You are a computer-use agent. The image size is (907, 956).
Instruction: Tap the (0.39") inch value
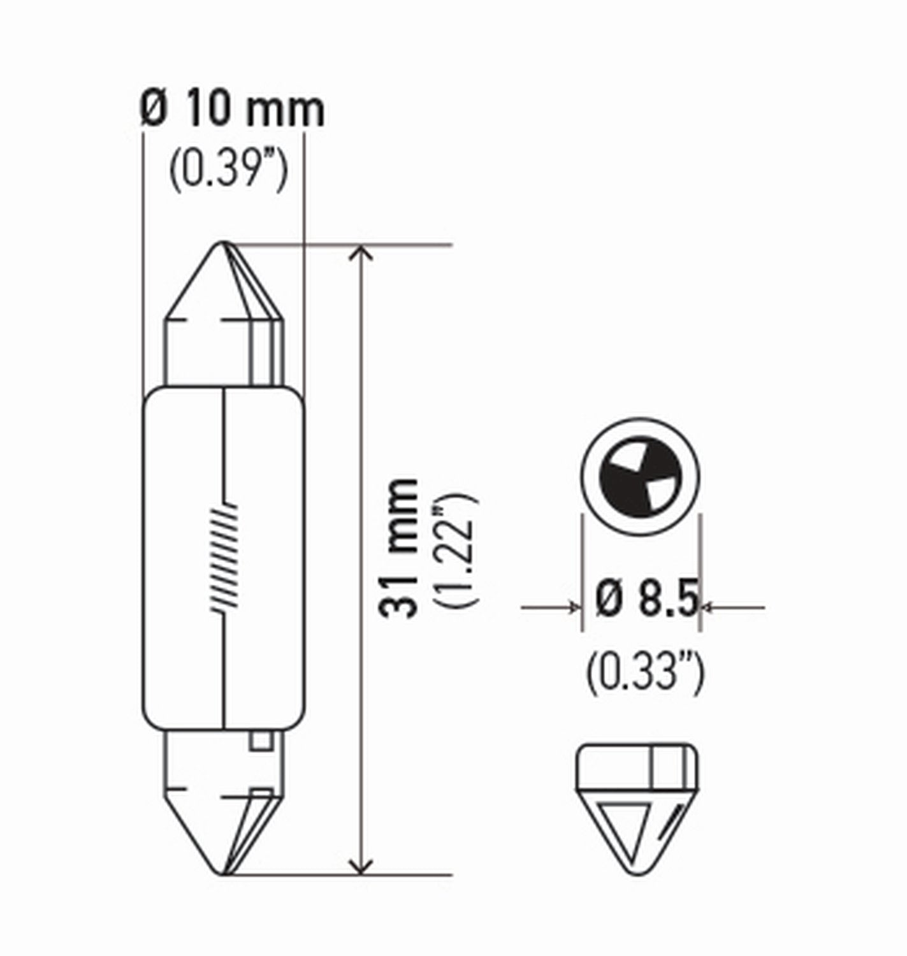point(228,168)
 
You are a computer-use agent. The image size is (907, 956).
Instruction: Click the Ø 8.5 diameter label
point(646,600)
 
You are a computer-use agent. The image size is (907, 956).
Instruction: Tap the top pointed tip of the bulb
point(224,245)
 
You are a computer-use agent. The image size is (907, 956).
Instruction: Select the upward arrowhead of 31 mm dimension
point(361,252)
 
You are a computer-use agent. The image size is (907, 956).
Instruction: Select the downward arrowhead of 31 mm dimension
point(361,867)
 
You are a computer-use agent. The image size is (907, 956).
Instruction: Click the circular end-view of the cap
point(640,477)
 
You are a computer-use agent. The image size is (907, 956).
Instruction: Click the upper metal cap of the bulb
point(224,319)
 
